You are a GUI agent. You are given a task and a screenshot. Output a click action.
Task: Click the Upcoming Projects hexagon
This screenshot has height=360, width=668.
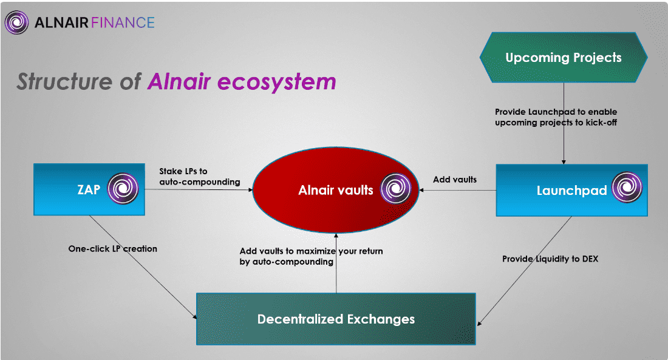pyautogui.click(x=564, y=58)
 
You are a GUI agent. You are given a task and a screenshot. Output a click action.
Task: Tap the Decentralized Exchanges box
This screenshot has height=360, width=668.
pyautogui.click(x=336, y=319)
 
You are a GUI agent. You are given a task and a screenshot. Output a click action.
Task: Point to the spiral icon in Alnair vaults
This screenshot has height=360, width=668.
pyautogui.click(x=392, y=190)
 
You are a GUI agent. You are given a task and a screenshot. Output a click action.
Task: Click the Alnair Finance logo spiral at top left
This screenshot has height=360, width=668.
pyautogui.click(x=16, y=23)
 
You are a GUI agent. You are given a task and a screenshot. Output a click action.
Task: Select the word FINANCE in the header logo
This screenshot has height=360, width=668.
pyautogui.click(x=124, y=23)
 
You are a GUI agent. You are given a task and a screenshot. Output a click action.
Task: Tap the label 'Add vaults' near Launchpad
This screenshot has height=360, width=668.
pyautogui.click(x=455, y=180)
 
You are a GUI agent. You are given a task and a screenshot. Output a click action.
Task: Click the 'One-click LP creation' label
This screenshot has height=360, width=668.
pyautogui.click(x=112, y=248)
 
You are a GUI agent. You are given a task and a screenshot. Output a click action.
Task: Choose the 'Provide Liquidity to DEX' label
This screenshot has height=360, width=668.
pyautogui.click(x=550, y=259)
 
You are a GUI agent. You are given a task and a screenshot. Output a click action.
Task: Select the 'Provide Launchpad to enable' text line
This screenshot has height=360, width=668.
pyautogui.click(x=556, y=112)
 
